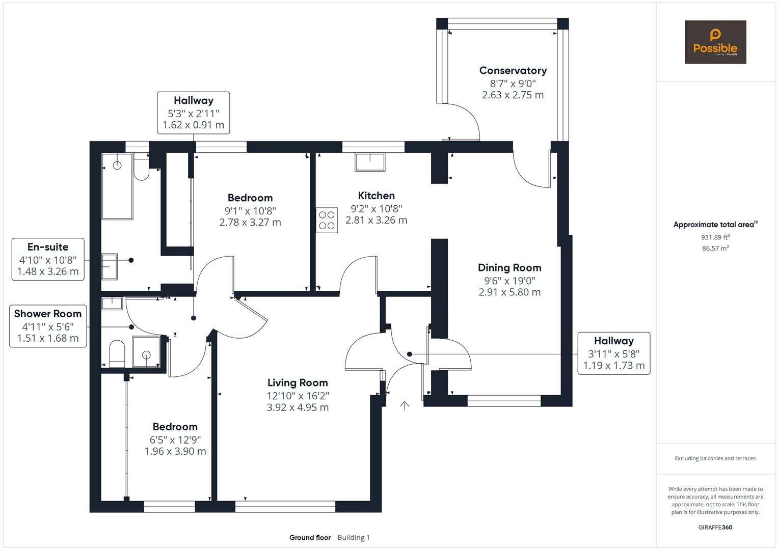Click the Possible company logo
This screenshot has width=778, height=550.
point(715,42)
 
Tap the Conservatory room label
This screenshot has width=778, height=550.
point(513,71)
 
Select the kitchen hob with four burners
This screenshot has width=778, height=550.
point(327,220)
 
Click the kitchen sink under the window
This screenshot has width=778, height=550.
point(370,161)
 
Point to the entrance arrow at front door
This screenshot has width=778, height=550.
point(405,405)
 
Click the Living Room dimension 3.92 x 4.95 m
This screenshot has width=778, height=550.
point(298,407)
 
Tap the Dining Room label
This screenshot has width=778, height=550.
point(509,268)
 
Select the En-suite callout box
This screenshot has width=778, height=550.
point(48,259)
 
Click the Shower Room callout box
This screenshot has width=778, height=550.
point(48,326)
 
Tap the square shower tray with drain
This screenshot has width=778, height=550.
point(146,352)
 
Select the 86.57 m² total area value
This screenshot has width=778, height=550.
point(715,249)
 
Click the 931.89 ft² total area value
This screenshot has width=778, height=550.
point(715,237)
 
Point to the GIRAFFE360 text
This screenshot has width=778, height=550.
point(715,528)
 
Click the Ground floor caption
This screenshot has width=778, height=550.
point(310,538)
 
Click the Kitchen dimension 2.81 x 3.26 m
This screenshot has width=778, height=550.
point(376,221)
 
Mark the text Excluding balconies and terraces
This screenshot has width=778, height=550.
point(715,458)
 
